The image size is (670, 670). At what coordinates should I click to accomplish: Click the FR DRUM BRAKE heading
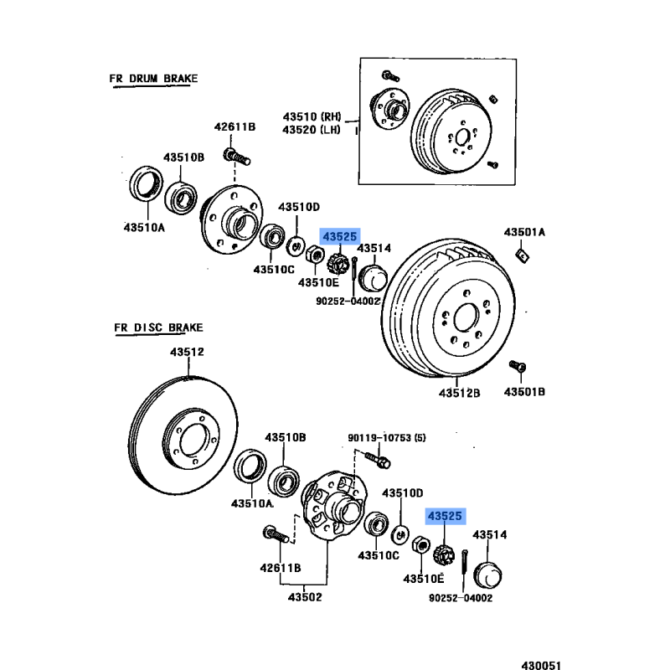pos(153,79)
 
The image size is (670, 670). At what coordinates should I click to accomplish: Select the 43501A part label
pos(524,232)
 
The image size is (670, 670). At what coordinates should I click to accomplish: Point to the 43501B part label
pos(524,391)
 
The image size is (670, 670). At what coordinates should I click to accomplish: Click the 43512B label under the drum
pos(460,392)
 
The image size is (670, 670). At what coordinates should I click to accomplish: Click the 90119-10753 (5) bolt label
pos(387,437)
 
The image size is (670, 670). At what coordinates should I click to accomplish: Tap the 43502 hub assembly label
pos(305,597)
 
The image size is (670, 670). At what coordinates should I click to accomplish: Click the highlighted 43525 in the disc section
pos(444,517)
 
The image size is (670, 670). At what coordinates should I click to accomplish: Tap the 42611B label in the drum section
pos(234,127)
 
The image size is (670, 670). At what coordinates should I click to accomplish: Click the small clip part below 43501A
pos(520,253)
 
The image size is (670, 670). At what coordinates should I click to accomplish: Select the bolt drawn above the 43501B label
pos(518,367)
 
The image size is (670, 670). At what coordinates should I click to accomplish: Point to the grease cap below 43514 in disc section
pos(487,577)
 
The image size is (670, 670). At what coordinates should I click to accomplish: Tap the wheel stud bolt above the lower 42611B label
pos(275,533)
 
